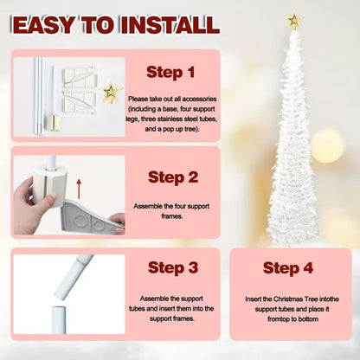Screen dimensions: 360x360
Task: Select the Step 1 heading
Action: pos(172,70)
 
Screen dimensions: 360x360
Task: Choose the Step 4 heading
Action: pos(287,267)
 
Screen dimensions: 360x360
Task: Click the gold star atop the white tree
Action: pos(295,18)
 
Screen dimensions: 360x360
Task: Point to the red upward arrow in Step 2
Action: pos(79,188)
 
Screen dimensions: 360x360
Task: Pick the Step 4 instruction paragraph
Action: pos(287,304)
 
